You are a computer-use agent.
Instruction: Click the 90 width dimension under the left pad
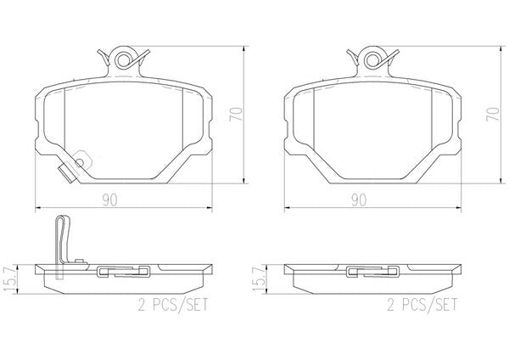(109, 200)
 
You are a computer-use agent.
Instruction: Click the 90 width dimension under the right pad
(359, 200)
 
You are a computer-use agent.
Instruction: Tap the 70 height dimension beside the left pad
(236, 115)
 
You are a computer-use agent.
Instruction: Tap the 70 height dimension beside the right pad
(492, 115)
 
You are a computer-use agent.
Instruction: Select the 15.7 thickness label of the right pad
(259, 279)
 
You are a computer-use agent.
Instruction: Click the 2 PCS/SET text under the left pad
(173, 305)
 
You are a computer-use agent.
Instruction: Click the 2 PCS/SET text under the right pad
(422, 305)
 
